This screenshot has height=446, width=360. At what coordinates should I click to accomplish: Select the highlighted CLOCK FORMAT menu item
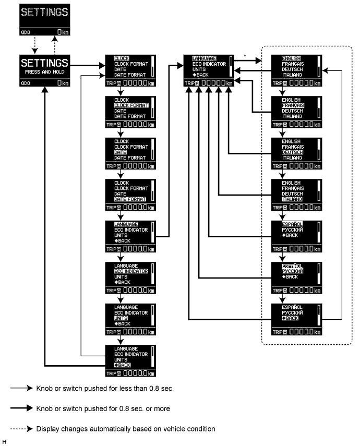tap(131, 105)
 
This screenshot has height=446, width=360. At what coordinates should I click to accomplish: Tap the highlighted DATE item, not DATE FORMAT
tap(121, 152)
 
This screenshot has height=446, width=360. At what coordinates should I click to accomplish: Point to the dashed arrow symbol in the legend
tap(21, 429)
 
